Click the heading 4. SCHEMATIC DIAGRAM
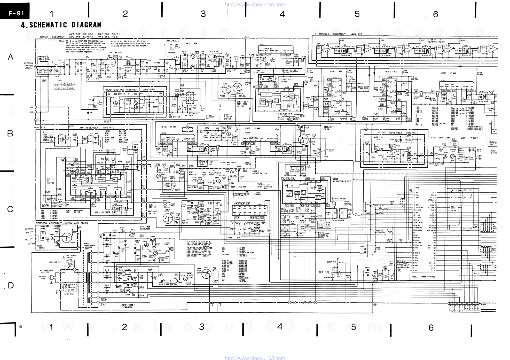(61, 25)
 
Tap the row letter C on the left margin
(10, 209)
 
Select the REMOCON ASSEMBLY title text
(62, 223)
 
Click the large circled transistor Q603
(68, 238)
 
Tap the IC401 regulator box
(128, 272)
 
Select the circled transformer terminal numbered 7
(98, 262)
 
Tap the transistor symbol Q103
(406, 91)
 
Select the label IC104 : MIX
(391, 72)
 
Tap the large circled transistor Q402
(303, 139)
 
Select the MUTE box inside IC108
(297, 193)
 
